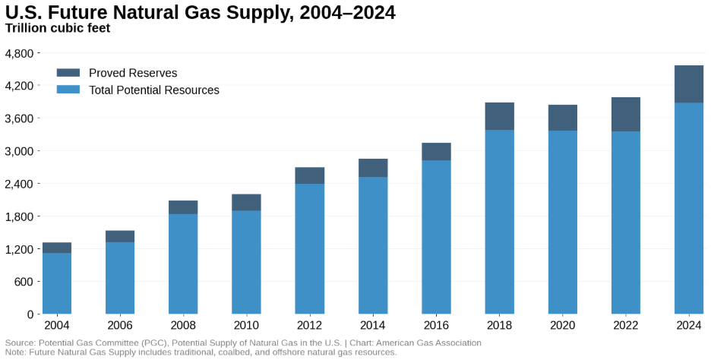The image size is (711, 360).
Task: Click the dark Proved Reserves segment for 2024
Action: pyautogui.click(x=689, y=84)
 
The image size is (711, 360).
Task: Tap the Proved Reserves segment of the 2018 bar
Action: pyautogui.click(x=500, y=116)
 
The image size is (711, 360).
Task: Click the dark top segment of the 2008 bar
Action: pyautogui.click(x=183, y=207)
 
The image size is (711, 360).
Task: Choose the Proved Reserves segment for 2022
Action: pyautogui.click(x=626, y=115)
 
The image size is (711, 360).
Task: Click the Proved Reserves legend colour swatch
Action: pyautogui.click(x=68, y=73)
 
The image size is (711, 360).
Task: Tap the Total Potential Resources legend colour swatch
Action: pyautogui.click(x=68, y=90)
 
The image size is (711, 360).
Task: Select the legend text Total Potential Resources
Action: pyautogui.click(x=154, y=90)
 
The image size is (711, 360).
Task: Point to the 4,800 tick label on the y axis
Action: pyautogui.click(x=19, y=53)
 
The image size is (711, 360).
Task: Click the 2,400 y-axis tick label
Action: pyautogui.click(x=19, y=184)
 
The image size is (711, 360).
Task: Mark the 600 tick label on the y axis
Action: pyautogui.click(x=24, y=282)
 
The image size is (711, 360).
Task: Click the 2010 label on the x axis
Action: pyautogui.click(x=246, y=325)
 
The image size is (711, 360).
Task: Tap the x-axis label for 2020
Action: pyautogui.click(x=563, y=325)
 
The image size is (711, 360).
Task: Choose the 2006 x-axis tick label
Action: pyautogui.click(x=120, y=325)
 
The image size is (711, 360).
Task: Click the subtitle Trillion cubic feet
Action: pyautogui.click(x=58, y=29)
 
